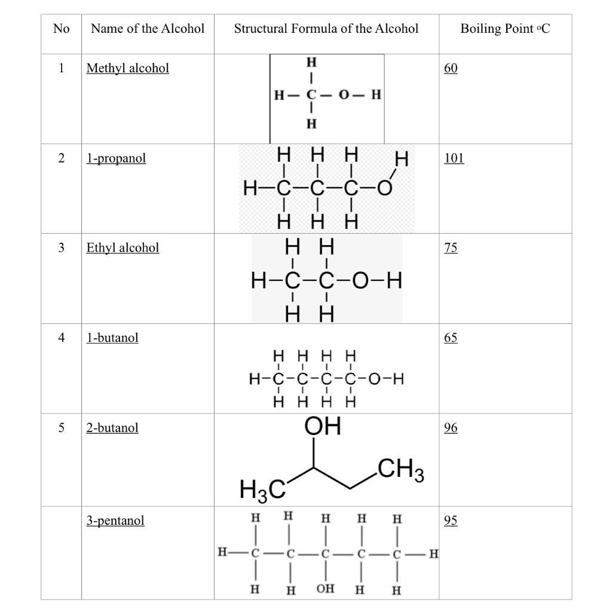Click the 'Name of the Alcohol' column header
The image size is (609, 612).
tap(148, 29)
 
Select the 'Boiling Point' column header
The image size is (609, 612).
tap(504, 29)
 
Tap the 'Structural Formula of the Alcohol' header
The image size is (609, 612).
tap(326, 29)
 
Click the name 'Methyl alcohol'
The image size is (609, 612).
tap(128, 68)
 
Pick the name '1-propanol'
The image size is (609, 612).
tap(116, 158)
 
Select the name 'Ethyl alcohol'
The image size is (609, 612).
tap(123, 247)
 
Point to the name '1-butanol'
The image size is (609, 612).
tap(112, 338)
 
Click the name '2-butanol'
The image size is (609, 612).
tap(112, 428)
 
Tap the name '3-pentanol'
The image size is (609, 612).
tap(115, 521)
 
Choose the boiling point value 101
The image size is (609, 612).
tap(454, 158)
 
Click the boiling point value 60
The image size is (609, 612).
tap(451, 68)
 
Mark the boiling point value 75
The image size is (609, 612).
tap(451, 247)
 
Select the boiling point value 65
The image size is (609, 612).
tap(451, 338)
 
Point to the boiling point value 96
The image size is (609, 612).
tap(451, 428)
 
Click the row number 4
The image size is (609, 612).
tap(61, 338)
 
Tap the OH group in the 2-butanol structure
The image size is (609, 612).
tap(322, 427)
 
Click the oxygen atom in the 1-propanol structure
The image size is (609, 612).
tap(384, 190)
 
